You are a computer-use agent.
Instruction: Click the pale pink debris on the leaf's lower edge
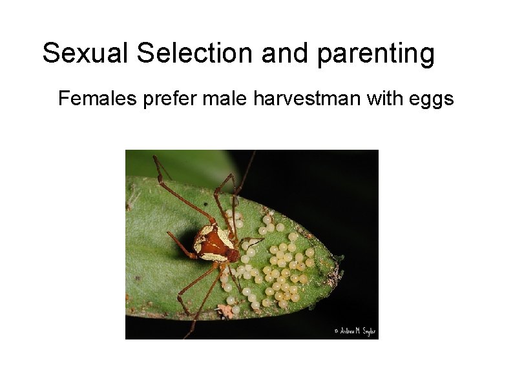point(225,310)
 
